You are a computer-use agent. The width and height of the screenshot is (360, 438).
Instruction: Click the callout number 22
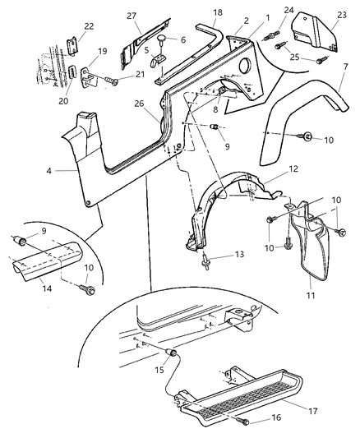click(x=66, y=27)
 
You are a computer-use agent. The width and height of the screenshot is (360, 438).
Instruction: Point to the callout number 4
click(x=50, y=171)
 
